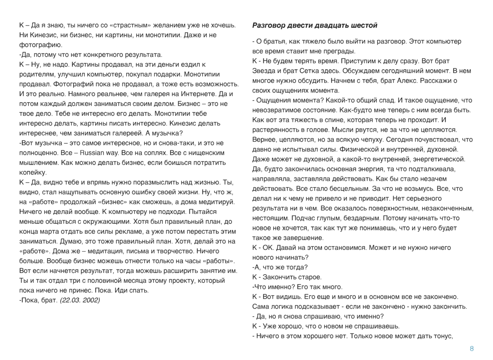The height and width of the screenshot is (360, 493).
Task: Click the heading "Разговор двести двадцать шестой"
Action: pyautogui.click(x=315, y=25)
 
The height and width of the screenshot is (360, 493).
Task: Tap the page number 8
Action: pyautogui.click(x=472, y=349)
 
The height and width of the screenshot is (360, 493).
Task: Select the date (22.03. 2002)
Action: pyautogui.click(x=80, y=300)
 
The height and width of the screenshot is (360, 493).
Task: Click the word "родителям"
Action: pyautogui.click(x=36, y=74)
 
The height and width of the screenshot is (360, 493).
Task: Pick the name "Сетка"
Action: pyautogui.click(x=305, y=71)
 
